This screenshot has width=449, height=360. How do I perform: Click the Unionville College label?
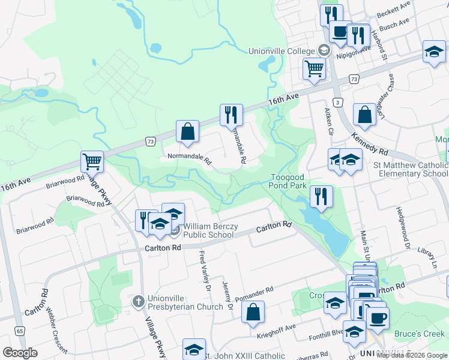coord(282,51)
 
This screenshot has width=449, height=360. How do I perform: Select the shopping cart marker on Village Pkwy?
coord(92,161)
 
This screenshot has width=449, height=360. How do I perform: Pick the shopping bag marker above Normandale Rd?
coord(187,131)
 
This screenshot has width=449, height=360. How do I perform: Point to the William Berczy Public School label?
coord(208,231)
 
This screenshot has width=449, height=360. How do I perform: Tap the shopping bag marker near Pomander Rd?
coord(253,312)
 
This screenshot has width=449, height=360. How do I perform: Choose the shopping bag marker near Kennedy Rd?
coord(364,114)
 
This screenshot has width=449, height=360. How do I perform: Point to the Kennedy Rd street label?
coord(370,143)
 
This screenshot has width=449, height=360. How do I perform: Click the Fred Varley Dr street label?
coord(205,272)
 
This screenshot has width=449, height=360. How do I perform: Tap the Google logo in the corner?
coord(20,353)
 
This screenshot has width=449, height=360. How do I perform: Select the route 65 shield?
coord(20,331)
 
